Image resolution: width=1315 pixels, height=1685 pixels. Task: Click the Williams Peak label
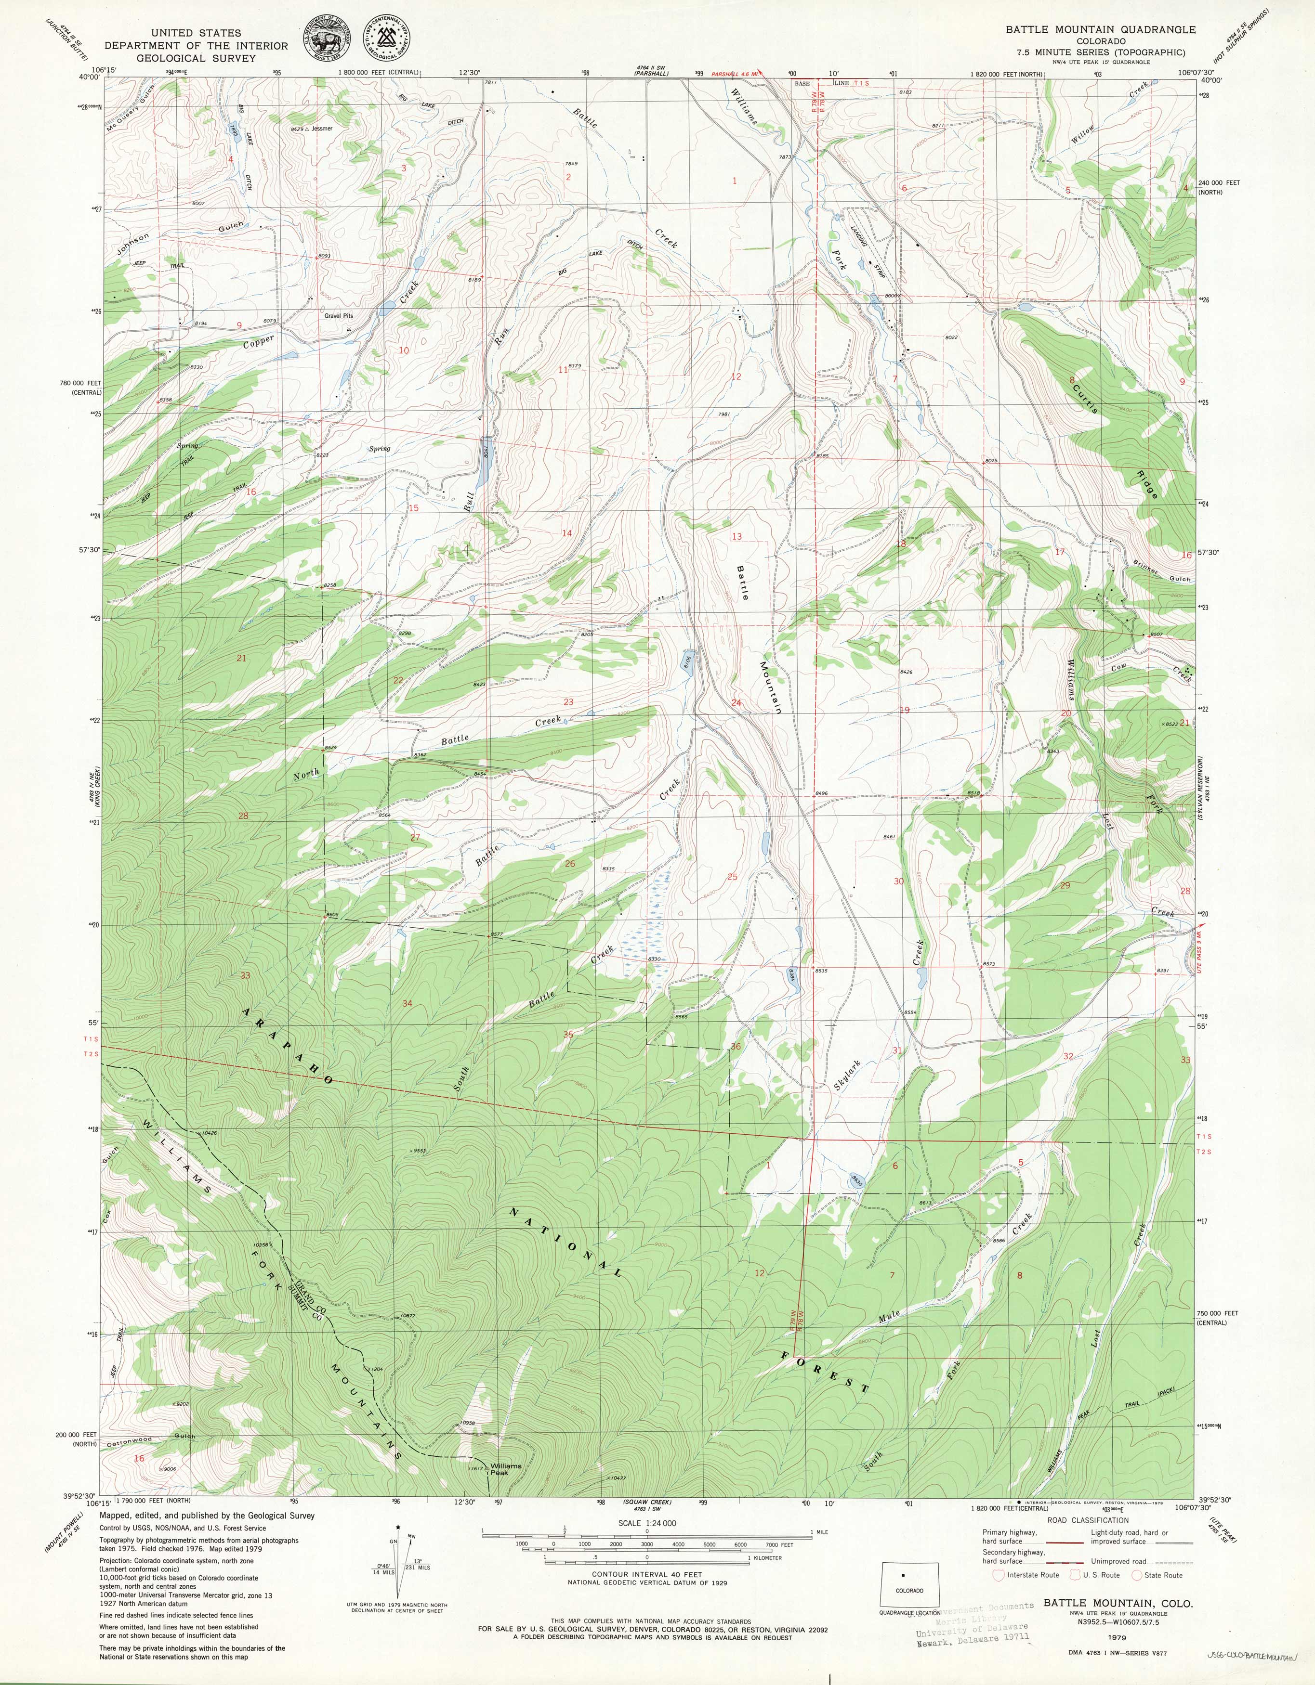click(505, 1469)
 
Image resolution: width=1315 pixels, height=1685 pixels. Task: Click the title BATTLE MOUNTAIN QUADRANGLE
click(1100, 29)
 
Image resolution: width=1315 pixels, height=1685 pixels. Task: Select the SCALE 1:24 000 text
click(647, 1524)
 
